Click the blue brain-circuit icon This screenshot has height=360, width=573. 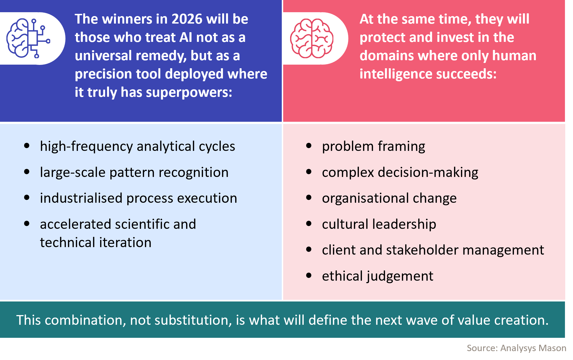(28, 38)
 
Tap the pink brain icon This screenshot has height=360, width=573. (312, 38)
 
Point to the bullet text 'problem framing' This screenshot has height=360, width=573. (373, 146)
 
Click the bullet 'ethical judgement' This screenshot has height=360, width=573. (377, 276)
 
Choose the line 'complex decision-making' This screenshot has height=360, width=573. (400, 172)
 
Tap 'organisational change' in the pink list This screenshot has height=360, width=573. (389, 198)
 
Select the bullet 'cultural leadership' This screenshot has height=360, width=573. (379, 224)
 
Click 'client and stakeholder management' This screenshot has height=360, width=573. (433, 250)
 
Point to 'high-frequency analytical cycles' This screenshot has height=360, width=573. (137, 146)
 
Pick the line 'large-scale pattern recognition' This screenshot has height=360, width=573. (134, 172)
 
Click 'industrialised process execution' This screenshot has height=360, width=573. (138, 198)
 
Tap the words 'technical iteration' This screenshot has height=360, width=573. (96, 242)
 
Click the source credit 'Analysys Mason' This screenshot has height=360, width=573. (533, 348)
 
